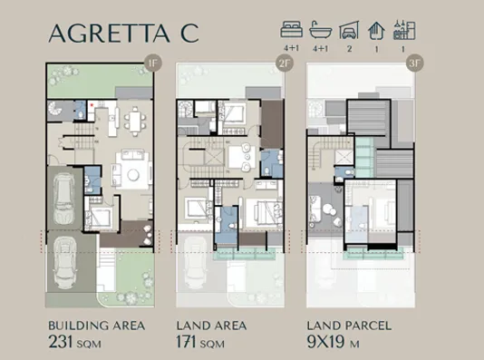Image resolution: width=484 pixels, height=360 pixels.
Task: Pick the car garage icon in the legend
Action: [347, 31]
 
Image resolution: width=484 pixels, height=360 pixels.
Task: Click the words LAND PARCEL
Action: [349, 325]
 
